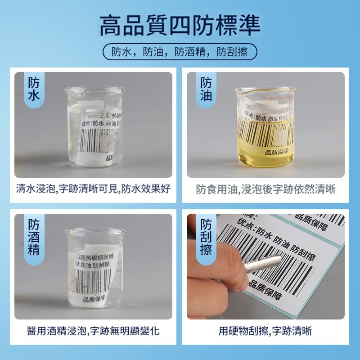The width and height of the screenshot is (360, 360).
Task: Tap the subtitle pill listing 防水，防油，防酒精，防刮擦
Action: [180, 52]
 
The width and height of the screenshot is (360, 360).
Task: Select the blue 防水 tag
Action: [34, 89]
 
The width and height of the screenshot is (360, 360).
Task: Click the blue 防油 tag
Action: [206, 89]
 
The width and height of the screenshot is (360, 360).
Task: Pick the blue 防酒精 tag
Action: [34, 237]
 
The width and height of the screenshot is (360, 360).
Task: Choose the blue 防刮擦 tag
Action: [206, 237]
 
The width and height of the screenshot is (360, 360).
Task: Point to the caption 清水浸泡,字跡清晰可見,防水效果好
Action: [93, 189]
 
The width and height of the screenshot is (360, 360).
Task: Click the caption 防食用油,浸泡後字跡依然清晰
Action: [265, 189]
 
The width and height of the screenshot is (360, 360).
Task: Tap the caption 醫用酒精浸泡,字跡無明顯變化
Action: [93, 332]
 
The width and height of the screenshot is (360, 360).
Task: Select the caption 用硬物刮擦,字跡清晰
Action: [265, 332]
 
